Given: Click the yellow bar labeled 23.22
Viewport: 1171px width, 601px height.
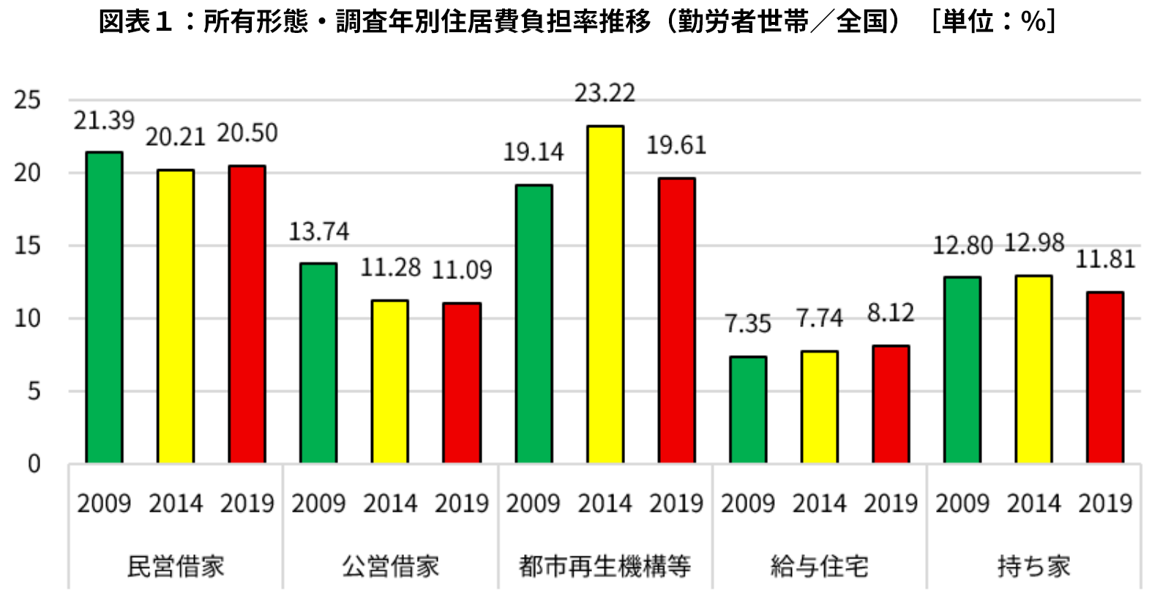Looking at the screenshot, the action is [605, 294].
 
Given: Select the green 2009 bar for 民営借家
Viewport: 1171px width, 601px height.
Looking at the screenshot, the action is [104, 307].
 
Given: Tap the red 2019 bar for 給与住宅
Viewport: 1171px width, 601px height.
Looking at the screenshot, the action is [891, 404].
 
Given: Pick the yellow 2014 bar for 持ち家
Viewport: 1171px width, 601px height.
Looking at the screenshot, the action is [1033, 369].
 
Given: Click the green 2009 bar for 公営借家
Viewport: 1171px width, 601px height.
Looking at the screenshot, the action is [318, 364].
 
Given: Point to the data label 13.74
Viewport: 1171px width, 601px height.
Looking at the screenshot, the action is [319, 231].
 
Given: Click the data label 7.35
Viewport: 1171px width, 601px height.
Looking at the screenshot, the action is [747, 324].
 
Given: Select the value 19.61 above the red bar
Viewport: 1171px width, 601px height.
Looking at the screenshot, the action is [676, 145].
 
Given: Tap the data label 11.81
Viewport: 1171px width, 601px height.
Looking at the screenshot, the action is [1105, 259].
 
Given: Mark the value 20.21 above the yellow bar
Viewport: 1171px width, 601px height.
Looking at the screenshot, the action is [176, 137].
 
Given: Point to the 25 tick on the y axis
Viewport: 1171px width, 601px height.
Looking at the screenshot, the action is [27, 100].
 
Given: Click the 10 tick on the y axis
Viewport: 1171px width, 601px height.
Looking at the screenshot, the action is [27, 318].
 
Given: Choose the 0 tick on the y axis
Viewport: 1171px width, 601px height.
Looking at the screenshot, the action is [34, 464].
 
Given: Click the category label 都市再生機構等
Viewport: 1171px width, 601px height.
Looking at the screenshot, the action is [605, 567].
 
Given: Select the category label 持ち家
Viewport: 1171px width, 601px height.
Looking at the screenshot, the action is [1034, 567].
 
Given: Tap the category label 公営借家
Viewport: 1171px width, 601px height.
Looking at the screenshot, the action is [391, 567].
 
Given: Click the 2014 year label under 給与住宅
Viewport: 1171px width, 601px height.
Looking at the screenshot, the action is [819, 504].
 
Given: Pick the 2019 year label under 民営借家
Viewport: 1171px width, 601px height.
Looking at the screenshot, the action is [247, 504].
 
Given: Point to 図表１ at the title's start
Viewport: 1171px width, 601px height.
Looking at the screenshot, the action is [136, 22].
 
